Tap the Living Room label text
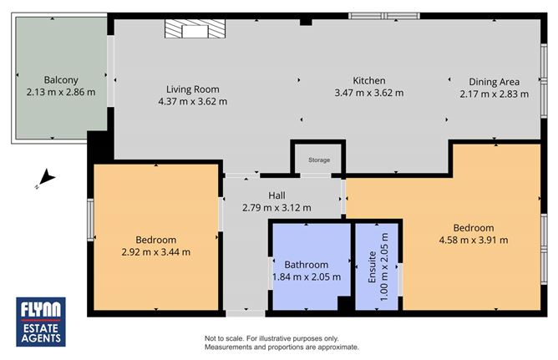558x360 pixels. tap(192, 89)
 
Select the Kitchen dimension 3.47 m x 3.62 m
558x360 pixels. tap(368, 94)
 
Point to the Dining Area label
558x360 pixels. tap(495, 82)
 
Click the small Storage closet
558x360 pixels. tap(318, 159)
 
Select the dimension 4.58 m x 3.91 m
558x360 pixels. tap(474, 241)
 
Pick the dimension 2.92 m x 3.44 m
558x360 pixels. tap(156, 251)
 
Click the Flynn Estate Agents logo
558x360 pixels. tap(42, 322)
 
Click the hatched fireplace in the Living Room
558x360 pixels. tap(195, 31)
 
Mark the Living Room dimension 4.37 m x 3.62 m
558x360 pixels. tap(192, 101)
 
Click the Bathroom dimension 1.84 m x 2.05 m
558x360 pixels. tap(307, 276)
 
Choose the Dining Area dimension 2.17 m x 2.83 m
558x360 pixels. tap(495, 94)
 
